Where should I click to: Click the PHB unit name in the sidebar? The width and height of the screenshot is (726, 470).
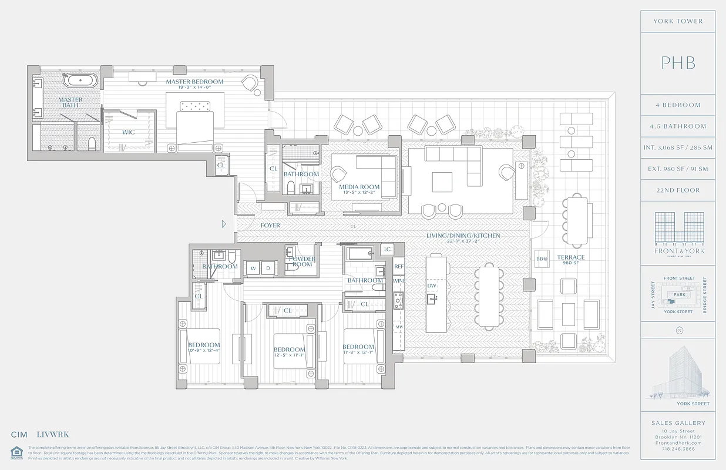coord(678,63)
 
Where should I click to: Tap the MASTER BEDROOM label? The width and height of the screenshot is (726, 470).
coord(194,82)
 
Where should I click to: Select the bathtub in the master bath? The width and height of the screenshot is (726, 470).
coord(81,80)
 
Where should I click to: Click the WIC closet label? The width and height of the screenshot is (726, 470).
coord(128,132)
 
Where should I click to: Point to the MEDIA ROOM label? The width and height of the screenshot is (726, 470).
coord(359,187)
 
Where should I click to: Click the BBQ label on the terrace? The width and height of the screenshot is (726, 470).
coord(542,258)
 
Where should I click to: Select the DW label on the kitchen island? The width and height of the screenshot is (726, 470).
coord(432,286)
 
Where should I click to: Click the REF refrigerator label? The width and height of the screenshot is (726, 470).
coord(399,266)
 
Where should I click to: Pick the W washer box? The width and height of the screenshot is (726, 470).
coord(253,268)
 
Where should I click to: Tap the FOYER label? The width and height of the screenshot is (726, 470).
coord(270,226)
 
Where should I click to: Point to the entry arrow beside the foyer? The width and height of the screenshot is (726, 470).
coord(223,224)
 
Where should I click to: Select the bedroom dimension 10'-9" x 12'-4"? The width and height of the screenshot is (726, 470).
coord(203,351)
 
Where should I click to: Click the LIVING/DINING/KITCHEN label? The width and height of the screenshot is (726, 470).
coord(463,236)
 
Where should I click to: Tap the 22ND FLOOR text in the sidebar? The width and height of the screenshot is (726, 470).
coord(678,190)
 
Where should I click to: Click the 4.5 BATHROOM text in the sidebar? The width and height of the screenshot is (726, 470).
coord(678,126)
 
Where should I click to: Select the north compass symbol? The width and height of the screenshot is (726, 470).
coord(679,330)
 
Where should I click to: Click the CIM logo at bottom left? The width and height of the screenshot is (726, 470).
coord(19,435)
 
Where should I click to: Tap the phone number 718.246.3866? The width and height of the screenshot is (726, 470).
coord(678,448)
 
